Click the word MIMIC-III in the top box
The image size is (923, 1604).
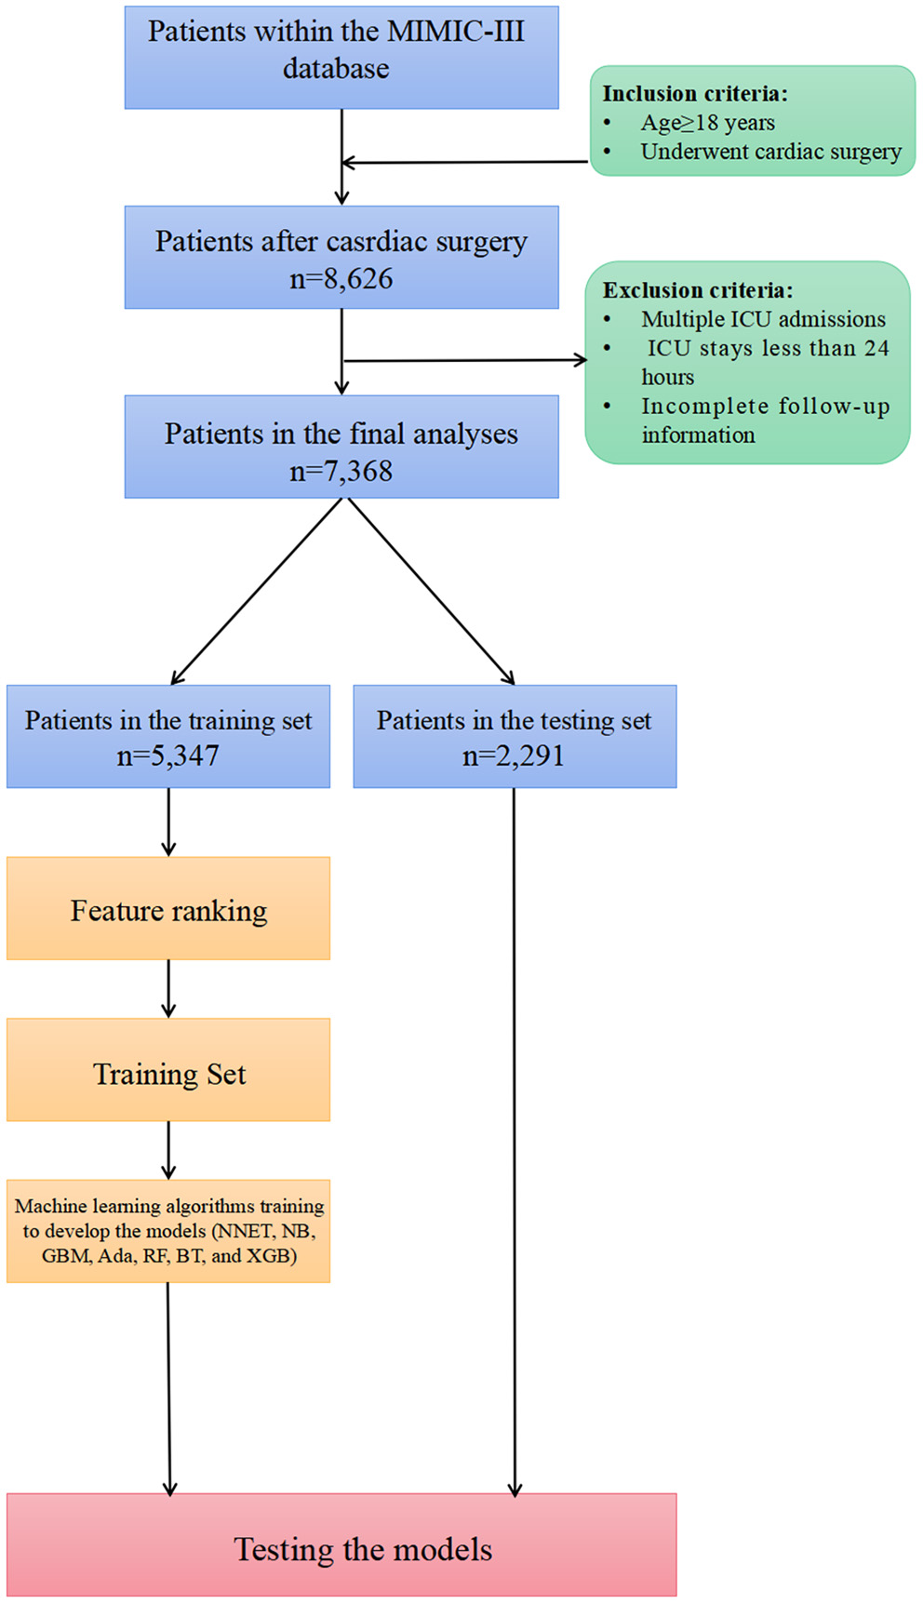coord(455,32)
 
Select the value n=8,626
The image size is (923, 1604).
coord(341,278)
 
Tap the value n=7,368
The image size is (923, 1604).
coord(341,471)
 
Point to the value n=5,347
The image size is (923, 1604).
coord(167,755)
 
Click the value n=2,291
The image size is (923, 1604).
coord(514,755)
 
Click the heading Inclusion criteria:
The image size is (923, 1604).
coord(694,94)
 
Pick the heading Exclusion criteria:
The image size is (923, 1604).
coord(697,290)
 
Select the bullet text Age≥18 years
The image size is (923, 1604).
coord(707,123)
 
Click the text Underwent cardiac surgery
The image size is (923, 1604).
coord(770,152)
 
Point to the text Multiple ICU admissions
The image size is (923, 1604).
coord(763,319)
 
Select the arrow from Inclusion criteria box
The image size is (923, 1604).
coord(465,163)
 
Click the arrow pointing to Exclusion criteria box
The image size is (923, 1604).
coord(465,360)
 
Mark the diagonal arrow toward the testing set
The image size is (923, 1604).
coord(430,592)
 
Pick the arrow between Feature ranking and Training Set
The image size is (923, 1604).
coord(168,988)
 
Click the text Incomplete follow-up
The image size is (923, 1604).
coord(765,407)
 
